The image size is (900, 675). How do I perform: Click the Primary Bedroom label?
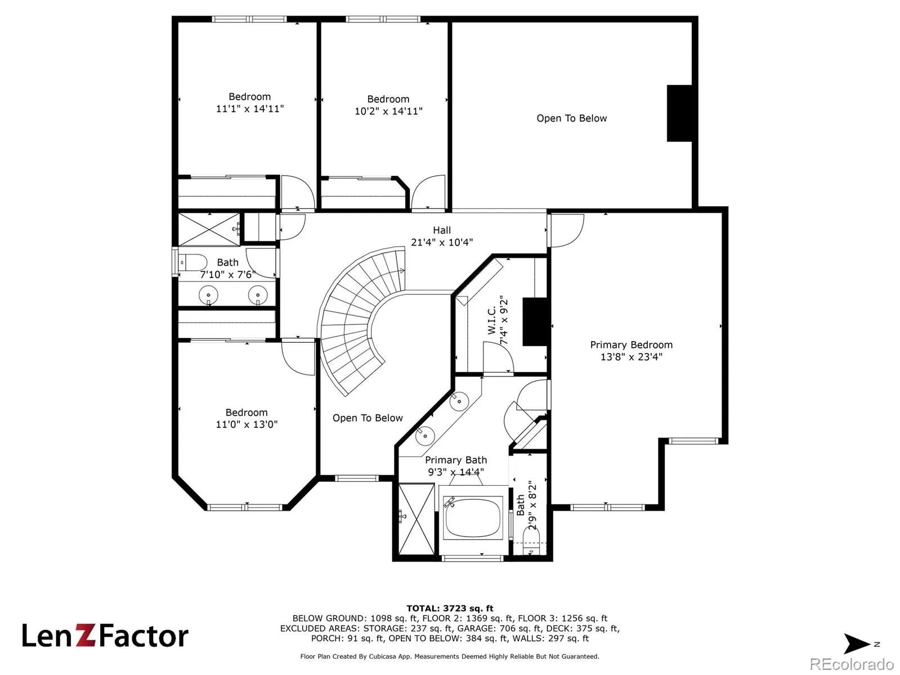click(631, 345)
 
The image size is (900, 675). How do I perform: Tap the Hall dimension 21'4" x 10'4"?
click(442, 243)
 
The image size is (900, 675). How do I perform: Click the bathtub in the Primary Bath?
click(473, 518)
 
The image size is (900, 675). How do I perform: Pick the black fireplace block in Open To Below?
click(679, 113)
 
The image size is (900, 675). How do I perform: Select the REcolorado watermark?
click(852, 664)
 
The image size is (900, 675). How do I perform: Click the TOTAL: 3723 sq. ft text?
click(450, 609)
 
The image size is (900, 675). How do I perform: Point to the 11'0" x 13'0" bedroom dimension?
click(247, 424)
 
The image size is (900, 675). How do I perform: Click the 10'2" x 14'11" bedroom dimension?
click(388, 111)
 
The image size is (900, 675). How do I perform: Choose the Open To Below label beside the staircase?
click(368, 418)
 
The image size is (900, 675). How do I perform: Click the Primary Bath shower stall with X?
click(416, 518)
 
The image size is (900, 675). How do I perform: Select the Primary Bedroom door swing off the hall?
click(566, 230)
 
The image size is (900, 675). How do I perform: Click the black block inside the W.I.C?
click(535, 321)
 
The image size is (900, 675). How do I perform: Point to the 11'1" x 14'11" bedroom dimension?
click(250, 109)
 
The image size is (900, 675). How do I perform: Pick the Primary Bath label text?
click(456, 460)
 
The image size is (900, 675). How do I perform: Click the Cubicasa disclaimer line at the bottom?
click(450, 656)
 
